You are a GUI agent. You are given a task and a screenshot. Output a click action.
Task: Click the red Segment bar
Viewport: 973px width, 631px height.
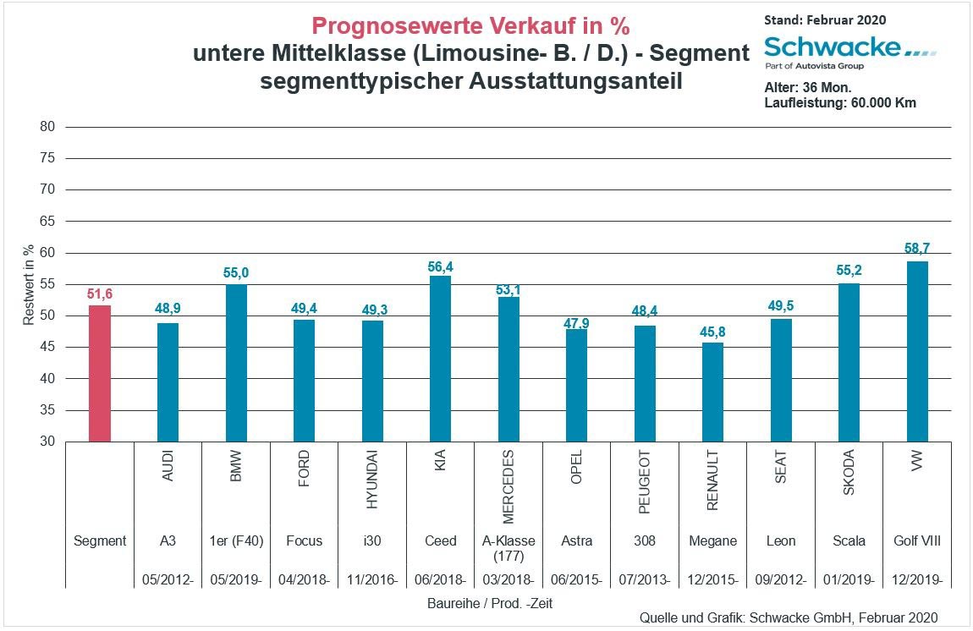100,373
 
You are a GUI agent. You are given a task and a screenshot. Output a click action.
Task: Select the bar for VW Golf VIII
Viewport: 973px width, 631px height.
917,351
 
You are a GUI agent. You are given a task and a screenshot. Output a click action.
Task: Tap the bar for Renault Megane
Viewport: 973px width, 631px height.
712,392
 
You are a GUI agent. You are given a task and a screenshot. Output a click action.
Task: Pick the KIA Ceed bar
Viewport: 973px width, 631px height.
440,358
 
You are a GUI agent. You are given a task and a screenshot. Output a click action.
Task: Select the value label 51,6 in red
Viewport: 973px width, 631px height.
100,294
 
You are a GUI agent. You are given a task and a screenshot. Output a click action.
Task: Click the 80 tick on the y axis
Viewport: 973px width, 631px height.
47,127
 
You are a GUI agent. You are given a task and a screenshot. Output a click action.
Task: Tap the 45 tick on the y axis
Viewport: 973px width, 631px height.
47,348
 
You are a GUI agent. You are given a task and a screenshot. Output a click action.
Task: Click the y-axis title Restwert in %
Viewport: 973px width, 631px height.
28,283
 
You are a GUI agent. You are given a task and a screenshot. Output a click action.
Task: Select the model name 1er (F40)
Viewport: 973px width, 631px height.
235,540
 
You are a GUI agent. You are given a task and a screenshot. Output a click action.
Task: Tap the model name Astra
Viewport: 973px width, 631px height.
576,540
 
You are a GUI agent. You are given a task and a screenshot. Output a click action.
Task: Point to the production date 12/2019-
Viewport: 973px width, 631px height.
917,579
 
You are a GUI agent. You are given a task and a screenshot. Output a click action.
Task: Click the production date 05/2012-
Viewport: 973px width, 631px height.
168,579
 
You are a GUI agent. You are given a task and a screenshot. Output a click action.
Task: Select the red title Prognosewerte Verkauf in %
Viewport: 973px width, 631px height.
470,25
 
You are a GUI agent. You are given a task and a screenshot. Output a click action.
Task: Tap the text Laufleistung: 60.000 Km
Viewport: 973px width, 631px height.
840,102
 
